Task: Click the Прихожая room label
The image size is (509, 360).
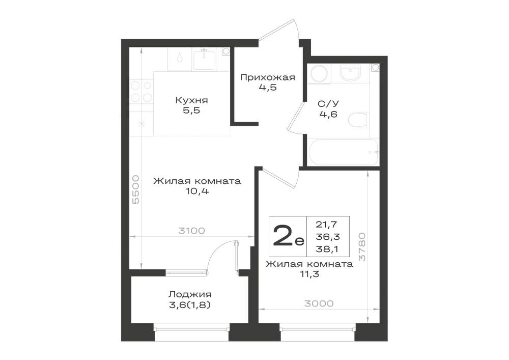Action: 268,77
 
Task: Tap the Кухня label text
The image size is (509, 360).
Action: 191,100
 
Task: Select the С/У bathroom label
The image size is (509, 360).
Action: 328,104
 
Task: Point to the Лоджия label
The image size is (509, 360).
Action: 190,294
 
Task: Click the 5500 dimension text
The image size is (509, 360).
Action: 136,189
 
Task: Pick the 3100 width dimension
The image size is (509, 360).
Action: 192,231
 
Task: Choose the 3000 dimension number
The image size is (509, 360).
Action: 319,303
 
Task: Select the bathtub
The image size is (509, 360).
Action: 344,152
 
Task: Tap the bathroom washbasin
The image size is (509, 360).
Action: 350,73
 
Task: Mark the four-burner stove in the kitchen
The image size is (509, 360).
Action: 142,92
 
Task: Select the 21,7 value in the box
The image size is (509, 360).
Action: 327,224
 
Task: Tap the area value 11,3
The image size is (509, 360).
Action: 309,274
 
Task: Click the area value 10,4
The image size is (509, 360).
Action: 197,191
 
